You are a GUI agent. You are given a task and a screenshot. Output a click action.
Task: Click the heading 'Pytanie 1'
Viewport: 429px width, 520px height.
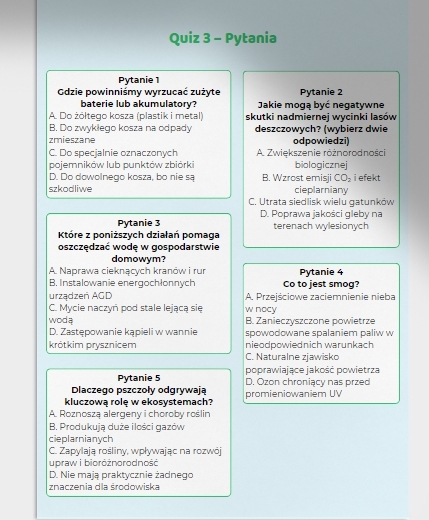[139, 79]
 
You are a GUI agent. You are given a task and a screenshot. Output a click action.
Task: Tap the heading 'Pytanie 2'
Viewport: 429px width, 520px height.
[320, 91]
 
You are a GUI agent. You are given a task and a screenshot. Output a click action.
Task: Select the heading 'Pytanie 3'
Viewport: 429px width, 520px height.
[139, 221]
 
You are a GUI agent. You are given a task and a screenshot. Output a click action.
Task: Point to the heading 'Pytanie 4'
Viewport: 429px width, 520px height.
[320, 271]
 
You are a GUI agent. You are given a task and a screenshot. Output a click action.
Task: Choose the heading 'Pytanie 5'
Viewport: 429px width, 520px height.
[139, 377]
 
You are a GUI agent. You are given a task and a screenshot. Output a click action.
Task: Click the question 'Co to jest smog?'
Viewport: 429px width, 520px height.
[320, 284]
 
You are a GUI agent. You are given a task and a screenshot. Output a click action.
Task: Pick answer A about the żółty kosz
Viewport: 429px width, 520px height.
[126, 116]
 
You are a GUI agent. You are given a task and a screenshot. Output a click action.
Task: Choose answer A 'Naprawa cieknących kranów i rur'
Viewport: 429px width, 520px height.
[127, 270]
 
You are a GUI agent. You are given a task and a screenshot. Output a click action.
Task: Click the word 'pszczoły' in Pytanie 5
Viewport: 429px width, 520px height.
[144, 389]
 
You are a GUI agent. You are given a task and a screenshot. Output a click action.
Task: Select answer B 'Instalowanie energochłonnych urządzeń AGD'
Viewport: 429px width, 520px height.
[127, 288]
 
